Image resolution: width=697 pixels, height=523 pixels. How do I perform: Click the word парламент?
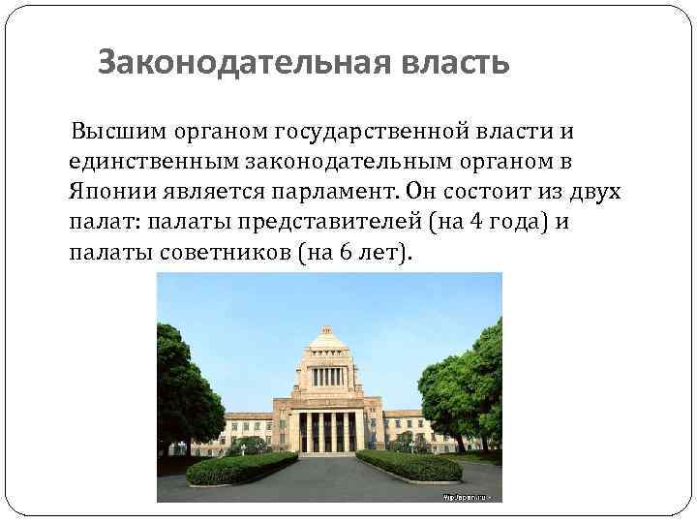pos(331,191)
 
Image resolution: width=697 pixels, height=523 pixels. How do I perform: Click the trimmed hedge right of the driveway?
pos(411,465)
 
